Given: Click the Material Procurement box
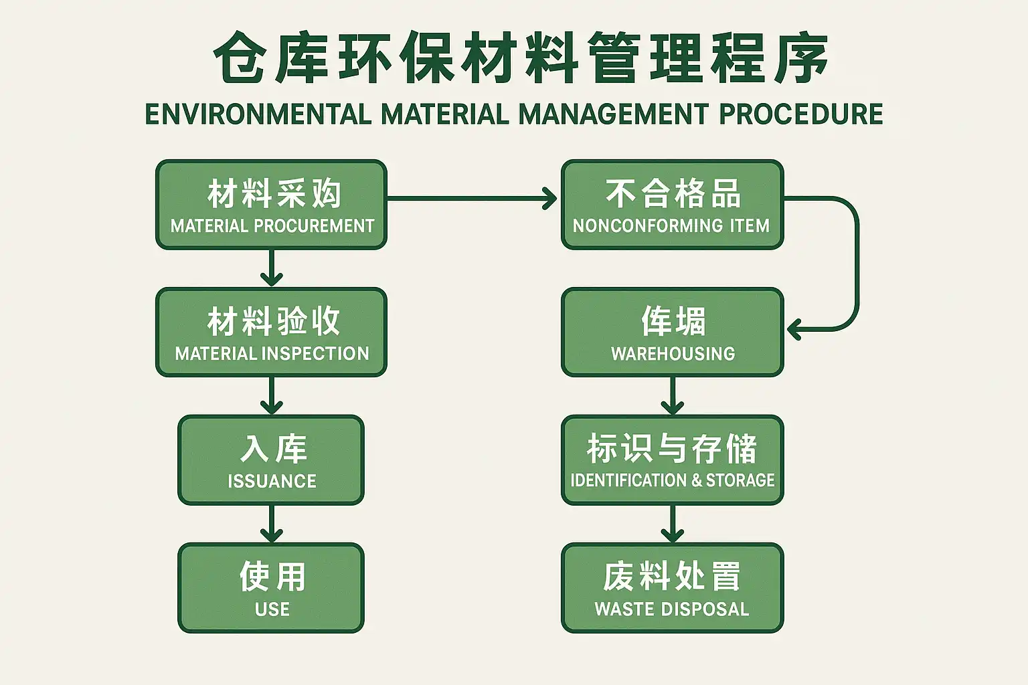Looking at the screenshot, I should [x=271, y=205].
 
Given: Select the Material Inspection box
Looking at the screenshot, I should [x=271, y=332].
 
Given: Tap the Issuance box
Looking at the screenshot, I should [x=271, y=460].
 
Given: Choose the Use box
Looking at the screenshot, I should [x=271, y=588].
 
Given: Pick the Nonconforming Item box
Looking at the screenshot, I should [x=672, y=205].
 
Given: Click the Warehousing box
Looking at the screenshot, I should [x=672, y=332].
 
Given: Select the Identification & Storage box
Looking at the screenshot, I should [x=672, y=460].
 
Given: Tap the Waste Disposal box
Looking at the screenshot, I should [x=672, y=588].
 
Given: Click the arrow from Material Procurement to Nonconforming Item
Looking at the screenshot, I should [x=472, y=198].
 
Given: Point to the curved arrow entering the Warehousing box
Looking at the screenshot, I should [x=855, y=268].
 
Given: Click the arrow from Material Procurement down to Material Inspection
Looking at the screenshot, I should [x=271, y=268].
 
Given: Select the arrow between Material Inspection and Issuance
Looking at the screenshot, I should [x=271, y=395].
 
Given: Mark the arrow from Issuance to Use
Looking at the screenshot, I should [x=271, y=523].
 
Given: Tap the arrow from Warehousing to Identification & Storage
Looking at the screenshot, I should [x=672, y=395].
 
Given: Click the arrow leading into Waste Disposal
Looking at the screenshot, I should [x=672, y=523].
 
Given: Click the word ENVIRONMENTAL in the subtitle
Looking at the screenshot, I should [x=258, y=114].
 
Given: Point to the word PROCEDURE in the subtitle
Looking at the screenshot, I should [x=800, y=114].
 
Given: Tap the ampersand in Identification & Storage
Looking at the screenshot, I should [x=696, y=480].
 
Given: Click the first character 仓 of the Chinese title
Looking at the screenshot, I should [x=240, y=58].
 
